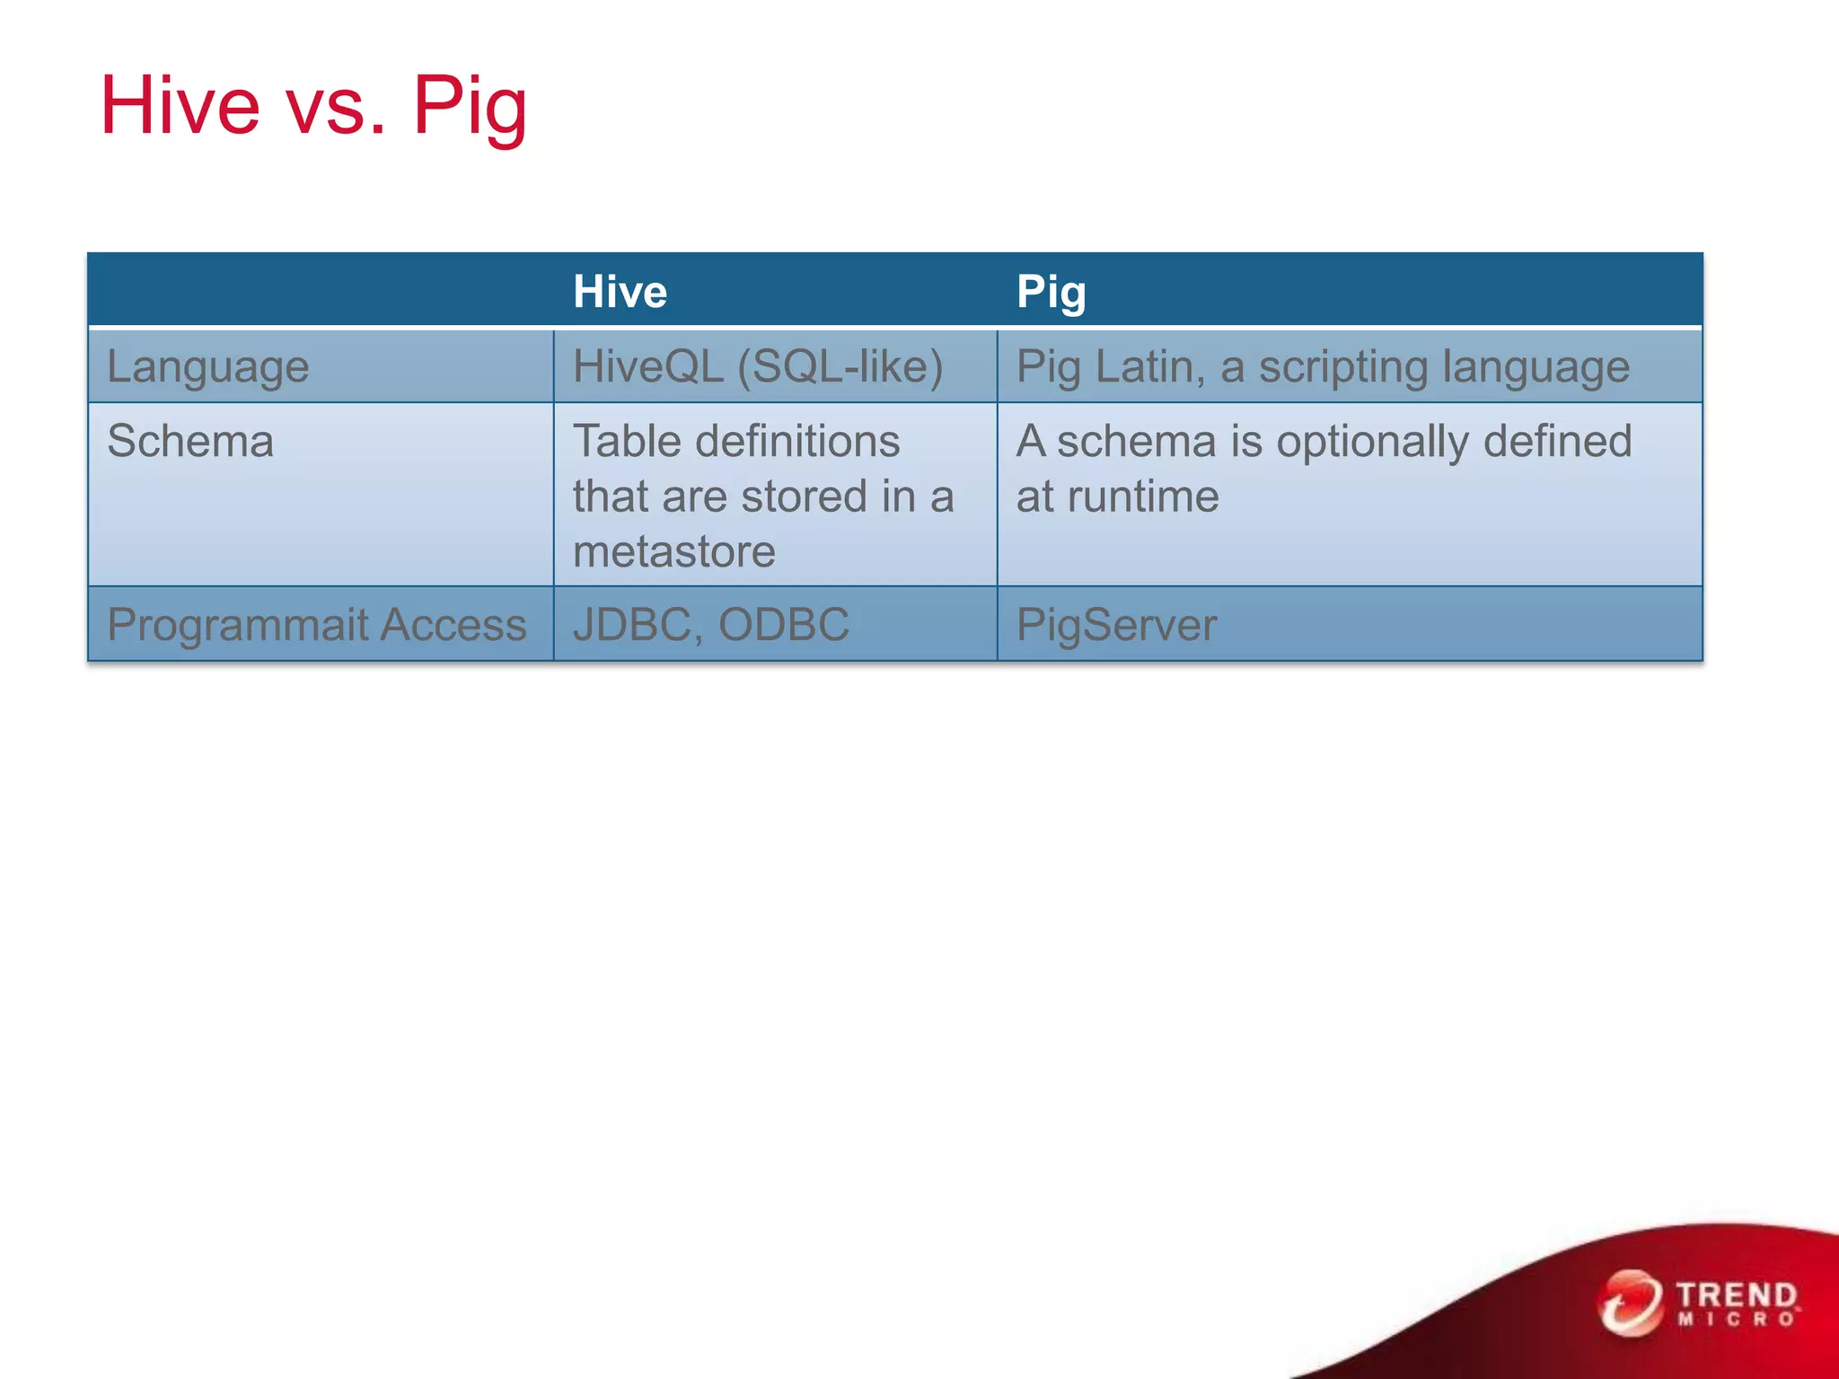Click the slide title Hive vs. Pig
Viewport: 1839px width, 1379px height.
(313, 106)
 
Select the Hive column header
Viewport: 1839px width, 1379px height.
(620, 292)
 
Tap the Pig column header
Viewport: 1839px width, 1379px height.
(1051, 292)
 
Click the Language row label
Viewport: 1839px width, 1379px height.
(208, 367)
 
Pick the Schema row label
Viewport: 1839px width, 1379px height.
(190, 442)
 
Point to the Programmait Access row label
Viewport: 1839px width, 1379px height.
(316, 625)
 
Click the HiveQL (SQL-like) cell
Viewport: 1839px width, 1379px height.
(758, 367)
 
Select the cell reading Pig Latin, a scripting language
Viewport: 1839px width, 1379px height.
(1322, 367)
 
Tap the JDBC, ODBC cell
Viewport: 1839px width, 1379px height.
(710, 625)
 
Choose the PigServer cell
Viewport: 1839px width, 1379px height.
(1116, 625)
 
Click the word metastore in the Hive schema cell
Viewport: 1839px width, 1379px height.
(673, 551)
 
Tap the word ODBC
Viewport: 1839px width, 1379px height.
(783, 625)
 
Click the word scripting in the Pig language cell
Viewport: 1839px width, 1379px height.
(1342, 367)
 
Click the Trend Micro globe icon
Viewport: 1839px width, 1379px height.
(1630, 1303)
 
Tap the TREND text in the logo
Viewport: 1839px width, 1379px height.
(1736, 1296)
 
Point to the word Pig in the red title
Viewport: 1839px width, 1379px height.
(470, 106)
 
